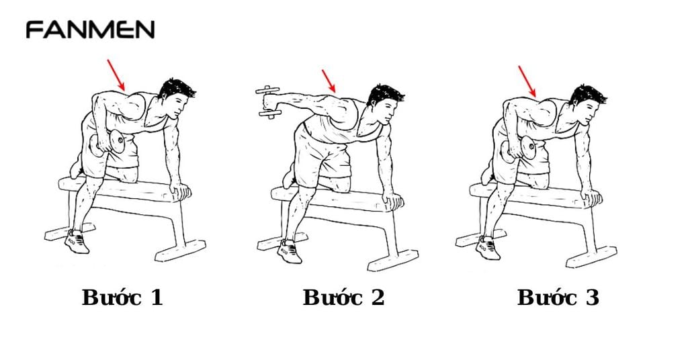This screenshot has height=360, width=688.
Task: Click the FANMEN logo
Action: pyautogui.click(x=90, y=30)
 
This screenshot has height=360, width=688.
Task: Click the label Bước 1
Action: pyautogui.click(x=122, y=298)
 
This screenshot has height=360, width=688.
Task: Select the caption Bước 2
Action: pyautogui.click(x=343, y=298)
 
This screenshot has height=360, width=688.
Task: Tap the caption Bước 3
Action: pyautogui.click(x=558, y=298)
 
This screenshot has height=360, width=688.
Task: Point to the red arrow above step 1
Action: pyautogui.click(x=116, y=75)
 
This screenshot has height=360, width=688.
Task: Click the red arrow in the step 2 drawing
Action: pyautogui.click(x=329, y=81)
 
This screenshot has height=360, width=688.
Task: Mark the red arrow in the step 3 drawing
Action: pyautogui.click(x=527, y=81)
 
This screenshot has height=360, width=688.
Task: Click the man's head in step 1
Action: pyautogui.click(x=177, y=97)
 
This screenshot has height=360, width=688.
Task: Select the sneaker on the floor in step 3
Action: pyautogui.click(x=488, y=248)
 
